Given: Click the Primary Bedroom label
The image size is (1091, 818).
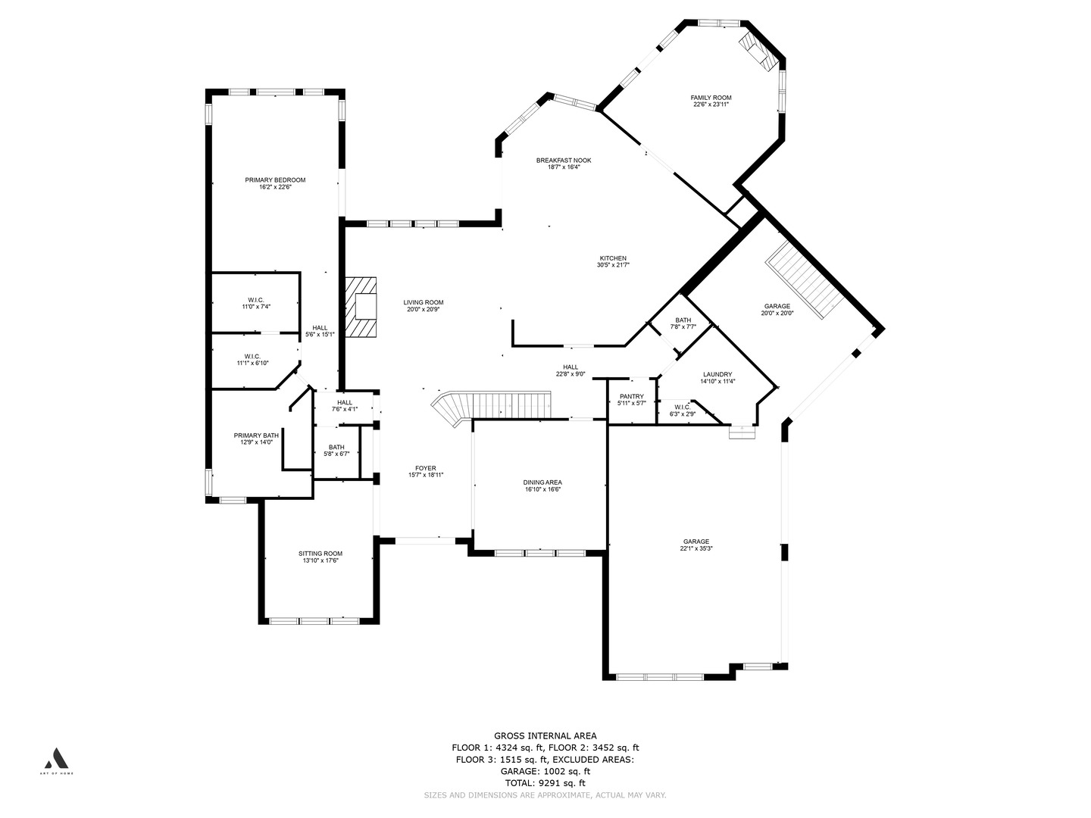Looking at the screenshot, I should (275, 180).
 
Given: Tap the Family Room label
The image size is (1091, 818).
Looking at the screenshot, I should (711, 98).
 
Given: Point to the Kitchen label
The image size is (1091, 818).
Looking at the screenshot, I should (613, 258).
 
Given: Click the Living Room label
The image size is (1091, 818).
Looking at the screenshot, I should (423, 302).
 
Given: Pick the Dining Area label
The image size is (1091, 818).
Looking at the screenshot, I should (542, 482).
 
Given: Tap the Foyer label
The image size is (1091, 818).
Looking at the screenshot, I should (425, 468).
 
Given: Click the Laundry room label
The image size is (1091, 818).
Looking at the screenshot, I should (717, 374).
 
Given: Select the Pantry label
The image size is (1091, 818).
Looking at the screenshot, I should (631, 396).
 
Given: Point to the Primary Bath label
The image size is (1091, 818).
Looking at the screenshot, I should (255, 436).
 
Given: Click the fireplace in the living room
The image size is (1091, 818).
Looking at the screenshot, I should (363, 307).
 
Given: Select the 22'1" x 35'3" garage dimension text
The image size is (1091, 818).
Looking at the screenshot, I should (696, 549).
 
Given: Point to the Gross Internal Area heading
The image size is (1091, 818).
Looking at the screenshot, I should (545, 735).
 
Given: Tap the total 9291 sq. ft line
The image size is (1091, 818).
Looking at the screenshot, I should (545, 782).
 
